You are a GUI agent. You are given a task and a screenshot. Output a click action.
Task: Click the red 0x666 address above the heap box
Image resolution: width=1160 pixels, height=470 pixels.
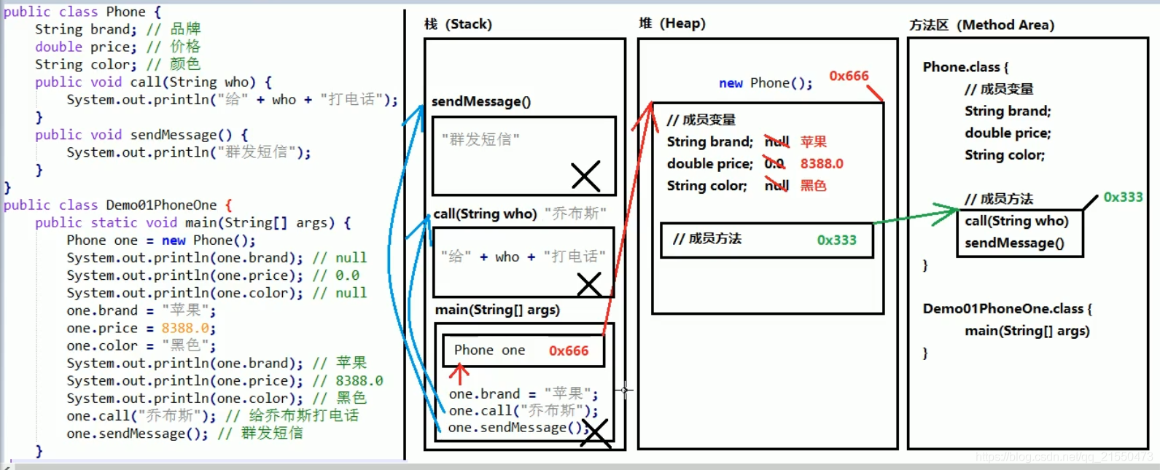(x=849, y=76)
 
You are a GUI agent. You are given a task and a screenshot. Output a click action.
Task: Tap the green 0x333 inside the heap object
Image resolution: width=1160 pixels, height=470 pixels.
(x=836, y=240)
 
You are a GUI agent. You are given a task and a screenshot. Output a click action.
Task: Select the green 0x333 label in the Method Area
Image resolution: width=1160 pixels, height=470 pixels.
(x=1123, y=197)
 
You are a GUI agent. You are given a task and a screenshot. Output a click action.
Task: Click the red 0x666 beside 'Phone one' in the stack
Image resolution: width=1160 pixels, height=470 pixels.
(x=569, y=350)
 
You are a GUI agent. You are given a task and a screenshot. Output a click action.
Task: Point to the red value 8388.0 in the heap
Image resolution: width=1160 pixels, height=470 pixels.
(x=822, y=164)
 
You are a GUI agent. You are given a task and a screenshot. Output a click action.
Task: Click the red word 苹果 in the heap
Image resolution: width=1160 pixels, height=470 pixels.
(x=814, y=141)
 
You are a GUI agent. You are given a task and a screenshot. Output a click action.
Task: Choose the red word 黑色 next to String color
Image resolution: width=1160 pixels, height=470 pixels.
(x=814, y=186)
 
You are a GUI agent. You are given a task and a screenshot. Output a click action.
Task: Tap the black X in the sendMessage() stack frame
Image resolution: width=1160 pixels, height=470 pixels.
(x=585, y=176)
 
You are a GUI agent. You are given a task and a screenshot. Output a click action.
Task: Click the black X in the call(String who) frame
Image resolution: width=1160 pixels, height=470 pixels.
(x=589, y=284)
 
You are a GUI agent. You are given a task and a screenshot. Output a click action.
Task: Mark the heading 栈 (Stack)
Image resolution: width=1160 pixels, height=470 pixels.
(x=458, y=24)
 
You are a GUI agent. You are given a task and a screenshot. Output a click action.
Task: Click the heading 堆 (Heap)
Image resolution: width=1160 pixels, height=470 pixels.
(x=672, y=23)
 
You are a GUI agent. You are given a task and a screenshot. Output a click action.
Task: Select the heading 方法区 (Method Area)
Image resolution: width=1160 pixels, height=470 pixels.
(x=981, y=25)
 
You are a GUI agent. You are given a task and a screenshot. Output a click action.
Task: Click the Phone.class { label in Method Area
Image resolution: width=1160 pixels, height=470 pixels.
(x=965, y=67)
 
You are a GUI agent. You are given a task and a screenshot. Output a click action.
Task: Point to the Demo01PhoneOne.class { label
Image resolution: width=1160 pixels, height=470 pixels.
(x=1007, y=308)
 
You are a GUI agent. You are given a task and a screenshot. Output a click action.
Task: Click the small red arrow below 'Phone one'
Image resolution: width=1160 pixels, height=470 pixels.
(x=459, y=373)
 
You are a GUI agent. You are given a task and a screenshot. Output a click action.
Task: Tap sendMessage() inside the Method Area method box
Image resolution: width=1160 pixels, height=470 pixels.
(x=1014, y=243)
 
